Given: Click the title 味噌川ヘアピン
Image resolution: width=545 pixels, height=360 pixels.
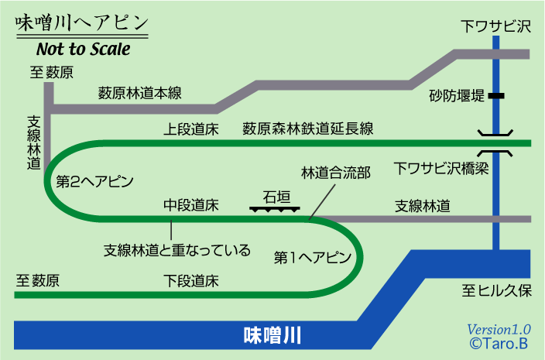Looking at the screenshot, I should [x=81, y=24].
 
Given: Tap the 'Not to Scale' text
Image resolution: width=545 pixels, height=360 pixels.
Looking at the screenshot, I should [x=84, y=49].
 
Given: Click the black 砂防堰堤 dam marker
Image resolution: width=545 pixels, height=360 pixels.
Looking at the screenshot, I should [x=495, y=96].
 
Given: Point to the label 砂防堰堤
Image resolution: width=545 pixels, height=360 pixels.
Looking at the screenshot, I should [x=457, y=97].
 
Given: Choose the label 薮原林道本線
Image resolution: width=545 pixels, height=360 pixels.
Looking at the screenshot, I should [x=139, y=94].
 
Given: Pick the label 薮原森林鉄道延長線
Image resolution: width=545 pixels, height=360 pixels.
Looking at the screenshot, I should [x=308, y=128].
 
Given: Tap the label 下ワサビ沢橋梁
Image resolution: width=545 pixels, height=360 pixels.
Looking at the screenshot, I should [x=441, y=167].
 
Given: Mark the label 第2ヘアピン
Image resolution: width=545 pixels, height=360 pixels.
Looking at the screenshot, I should [x=96, y=183].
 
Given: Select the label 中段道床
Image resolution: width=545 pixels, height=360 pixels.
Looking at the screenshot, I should [x=191, y=205].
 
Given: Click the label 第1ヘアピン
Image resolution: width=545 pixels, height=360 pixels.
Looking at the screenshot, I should [x=314, y=256].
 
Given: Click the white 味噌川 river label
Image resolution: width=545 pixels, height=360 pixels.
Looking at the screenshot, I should [x=272, y=335].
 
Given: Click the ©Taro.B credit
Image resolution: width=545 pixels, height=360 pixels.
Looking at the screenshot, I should [x=499, y=343].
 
